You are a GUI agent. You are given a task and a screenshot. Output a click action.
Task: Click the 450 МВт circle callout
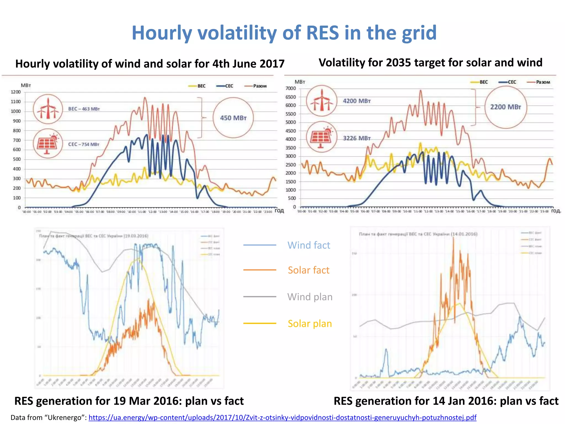point(233,118)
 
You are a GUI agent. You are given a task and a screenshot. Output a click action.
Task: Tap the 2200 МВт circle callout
point(505,107)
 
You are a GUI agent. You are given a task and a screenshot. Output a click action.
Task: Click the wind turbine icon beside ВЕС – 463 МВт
point(48,109)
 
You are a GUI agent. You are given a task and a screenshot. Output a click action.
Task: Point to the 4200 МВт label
point(356,101)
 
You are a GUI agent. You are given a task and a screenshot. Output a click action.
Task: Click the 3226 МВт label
point(356,138)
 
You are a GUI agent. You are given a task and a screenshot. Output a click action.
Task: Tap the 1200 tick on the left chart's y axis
point(16,92)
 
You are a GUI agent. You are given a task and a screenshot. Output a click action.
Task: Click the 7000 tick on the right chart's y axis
point(291,88)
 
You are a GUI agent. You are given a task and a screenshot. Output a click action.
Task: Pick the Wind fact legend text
point(308,245)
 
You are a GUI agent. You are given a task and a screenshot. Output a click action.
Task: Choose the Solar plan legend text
point(310,324)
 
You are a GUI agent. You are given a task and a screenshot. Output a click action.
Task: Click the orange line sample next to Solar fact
point(260,270)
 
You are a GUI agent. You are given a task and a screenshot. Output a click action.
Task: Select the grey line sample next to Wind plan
point(260,297)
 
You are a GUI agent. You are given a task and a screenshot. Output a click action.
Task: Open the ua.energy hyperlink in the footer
point(282,417)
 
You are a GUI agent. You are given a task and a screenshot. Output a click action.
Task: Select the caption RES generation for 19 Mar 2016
point(129,401)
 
